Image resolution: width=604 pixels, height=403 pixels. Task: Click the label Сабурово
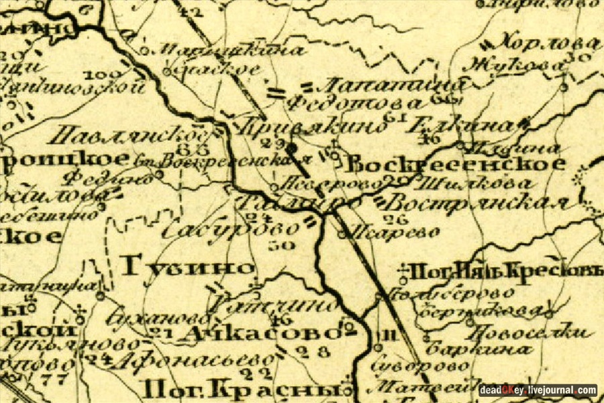228,229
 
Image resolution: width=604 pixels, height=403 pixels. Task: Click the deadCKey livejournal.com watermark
537,390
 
